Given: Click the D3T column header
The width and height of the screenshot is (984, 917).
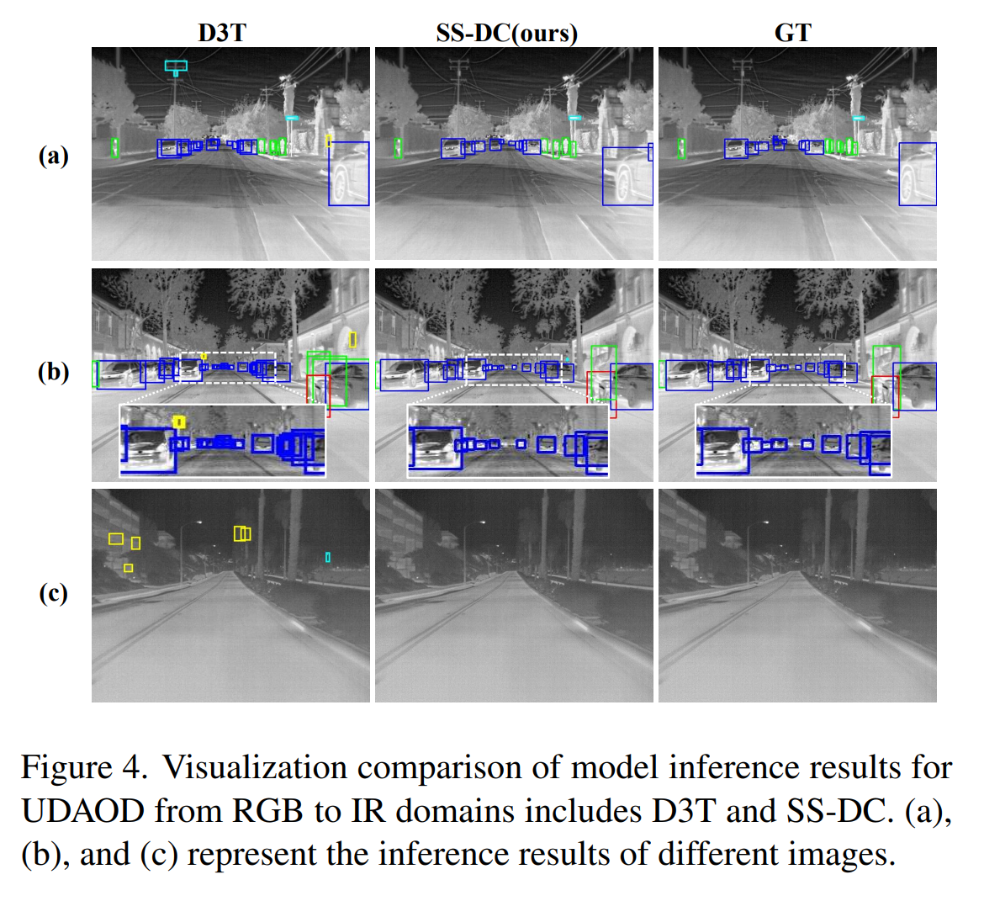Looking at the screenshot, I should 222,33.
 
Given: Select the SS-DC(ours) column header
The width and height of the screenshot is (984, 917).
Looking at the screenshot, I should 506,33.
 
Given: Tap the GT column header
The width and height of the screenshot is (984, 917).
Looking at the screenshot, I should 792,33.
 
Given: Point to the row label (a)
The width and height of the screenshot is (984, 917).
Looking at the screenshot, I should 53,156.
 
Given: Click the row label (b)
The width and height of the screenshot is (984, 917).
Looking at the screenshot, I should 53,372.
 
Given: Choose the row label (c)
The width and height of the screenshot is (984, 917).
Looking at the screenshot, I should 53,593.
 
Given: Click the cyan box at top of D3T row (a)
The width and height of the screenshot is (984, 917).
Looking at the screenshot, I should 176,66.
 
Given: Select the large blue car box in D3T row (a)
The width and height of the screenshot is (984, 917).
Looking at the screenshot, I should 349,174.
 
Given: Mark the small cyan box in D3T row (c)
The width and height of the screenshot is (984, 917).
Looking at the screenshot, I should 328,557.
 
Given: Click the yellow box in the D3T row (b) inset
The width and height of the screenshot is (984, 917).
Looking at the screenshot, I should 178,421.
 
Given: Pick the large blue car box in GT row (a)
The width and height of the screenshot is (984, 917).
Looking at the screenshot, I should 918,174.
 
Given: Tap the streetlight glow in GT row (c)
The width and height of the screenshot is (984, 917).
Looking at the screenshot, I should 765,522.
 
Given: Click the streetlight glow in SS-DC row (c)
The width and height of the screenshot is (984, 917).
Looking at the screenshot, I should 482,522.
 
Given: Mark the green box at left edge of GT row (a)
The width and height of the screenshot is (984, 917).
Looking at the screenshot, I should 681,148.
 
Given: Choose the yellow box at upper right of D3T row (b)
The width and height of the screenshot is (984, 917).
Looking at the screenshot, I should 352,340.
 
